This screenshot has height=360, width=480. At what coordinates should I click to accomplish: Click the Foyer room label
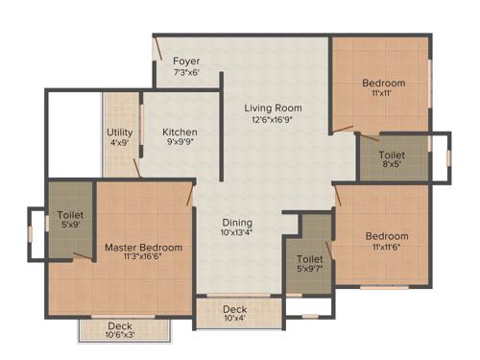[x=186, y=60]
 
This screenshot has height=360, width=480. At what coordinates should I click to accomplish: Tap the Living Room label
[x=274, y=108]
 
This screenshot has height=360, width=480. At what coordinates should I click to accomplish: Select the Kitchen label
[x=180, y=132]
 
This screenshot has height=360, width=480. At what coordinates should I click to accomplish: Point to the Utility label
[x=120, y=132]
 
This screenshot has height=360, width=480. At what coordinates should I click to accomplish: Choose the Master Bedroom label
[x=143, y=248]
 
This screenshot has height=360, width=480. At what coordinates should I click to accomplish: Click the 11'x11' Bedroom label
[x=383, y=84]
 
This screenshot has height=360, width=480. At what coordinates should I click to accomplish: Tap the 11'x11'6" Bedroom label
[x=387, y=236]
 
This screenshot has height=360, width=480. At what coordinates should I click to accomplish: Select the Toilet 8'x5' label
[x=392, y=155]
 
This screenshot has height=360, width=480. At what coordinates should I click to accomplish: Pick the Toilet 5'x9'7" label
[x=309, y=259]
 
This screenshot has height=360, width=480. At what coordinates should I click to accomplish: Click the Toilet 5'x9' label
[x=70, y=215]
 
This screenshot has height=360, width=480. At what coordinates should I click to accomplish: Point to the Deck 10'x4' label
[x=235, y=309]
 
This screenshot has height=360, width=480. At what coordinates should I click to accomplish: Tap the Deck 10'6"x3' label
[x=120, y=325]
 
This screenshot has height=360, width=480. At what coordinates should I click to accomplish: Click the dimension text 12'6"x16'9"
[x=274, y=120]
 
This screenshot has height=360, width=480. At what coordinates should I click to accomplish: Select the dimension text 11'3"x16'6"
[x=143, y=258]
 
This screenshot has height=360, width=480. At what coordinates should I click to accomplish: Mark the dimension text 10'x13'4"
[x=238, y=231]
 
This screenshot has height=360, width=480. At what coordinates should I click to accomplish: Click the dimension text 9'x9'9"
[x=180, y=143]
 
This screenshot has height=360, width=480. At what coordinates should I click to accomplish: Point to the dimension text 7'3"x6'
[x=186, y=72]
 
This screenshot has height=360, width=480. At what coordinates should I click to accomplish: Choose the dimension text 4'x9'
[x=120, y=143]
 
